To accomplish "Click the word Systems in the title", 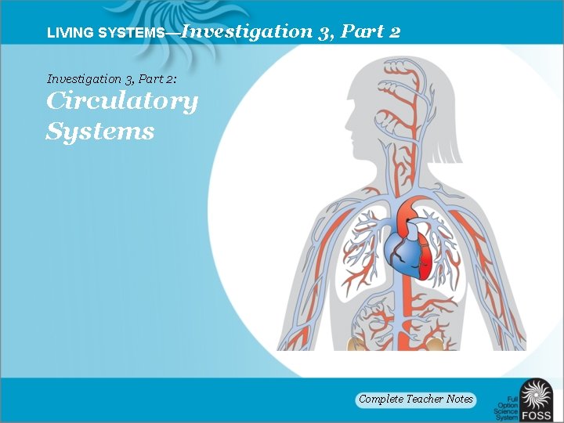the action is (x=100, y=131).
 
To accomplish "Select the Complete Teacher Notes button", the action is (x=416, y=399).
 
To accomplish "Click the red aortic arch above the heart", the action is (x=409, y=211).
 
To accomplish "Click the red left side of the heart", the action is (x=424, y=255).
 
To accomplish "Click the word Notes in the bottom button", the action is (x=460, y=399).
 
